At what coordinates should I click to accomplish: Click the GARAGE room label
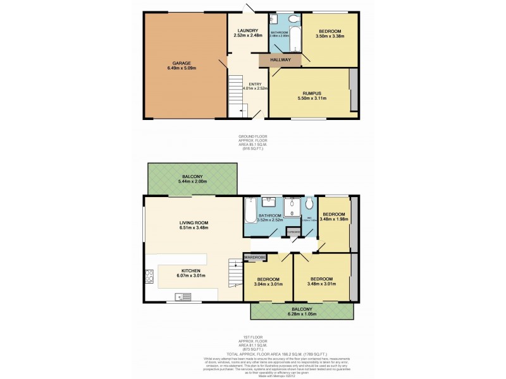(182, 63)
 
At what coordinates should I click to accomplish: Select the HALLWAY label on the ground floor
(280, 60)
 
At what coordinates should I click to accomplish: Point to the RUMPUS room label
(310, 93)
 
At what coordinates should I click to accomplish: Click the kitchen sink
(184, 295)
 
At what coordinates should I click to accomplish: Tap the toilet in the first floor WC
(309, 205)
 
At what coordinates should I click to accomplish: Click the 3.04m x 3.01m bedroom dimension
(268, 284)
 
